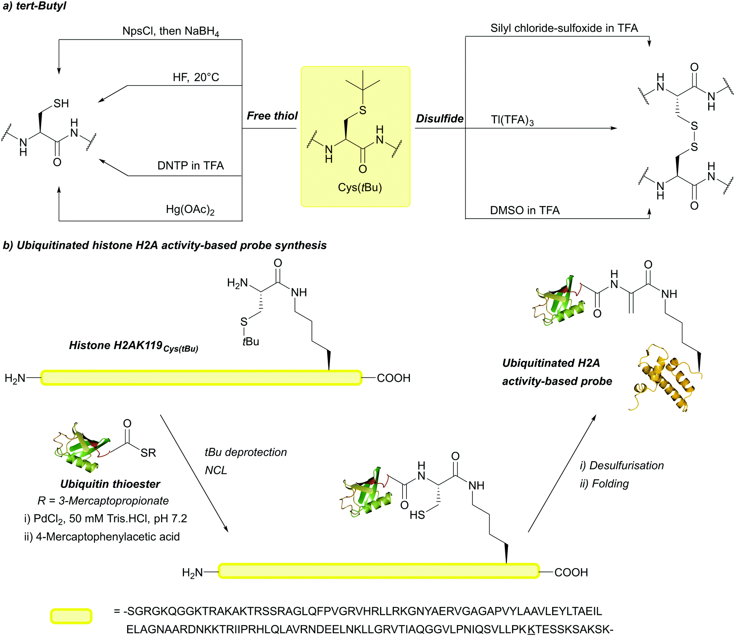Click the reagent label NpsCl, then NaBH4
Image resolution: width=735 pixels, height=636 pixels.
point(171,31)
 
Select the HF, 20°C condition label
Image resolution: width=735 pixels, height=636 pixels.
point(196,77)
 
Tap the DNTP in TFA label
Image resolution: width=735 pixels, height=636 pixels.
point(190,166)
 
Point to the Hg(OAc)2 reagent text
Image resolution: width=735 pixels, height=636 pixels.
point(190,209)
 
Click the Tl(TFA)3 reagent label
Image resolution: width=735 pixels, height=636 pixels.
point(512,120)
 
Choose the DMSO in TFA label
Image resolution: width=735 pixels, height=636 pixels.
point(525,211)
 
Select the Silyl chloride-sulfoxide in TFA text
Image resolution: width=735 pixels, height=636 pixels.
point(564,28)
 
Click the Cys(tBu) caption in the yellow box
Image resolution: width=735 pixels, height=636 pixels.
point(359,188)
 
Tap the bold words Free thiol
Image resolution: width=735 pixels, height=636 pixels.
point(272,116)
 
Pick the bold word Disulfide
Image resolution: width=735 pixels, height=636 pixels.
point(440,119)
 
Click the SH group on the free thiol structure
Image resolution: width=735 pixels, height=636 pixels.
point(61,103)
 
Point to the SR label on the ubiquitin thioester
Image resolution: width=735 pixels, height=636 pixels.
point(148,453)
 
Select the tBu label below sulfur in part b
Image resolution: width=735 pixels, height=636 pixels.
point(251,341)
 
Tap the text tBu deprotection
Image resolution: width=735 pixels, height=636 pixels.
point(245,452)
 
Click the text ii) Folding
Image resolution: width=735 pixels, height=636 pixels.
point(604,484)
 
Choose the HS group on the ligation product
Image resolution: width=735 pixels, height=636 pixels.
point(417,515)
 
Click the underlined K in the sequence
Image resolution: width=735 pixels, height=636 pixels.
point(531,629)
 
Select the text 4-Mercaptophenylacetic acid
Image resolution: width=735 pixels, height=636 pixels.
point(108,537)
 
